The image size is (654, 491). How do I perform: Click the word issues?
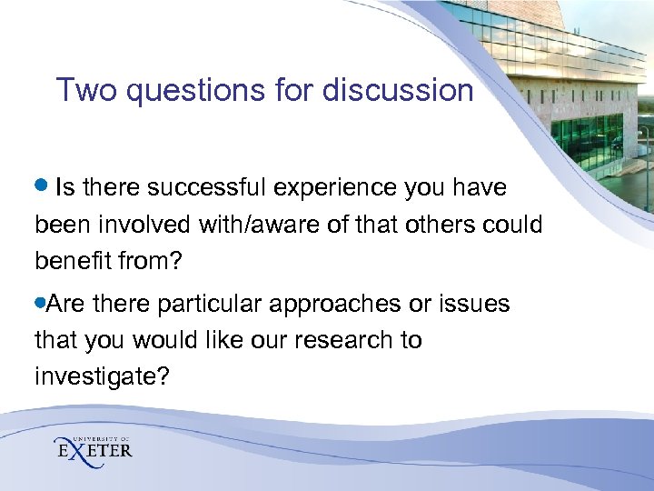[476, 304]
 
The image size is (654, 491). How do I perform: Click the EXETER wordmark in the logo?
[94, 450]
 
